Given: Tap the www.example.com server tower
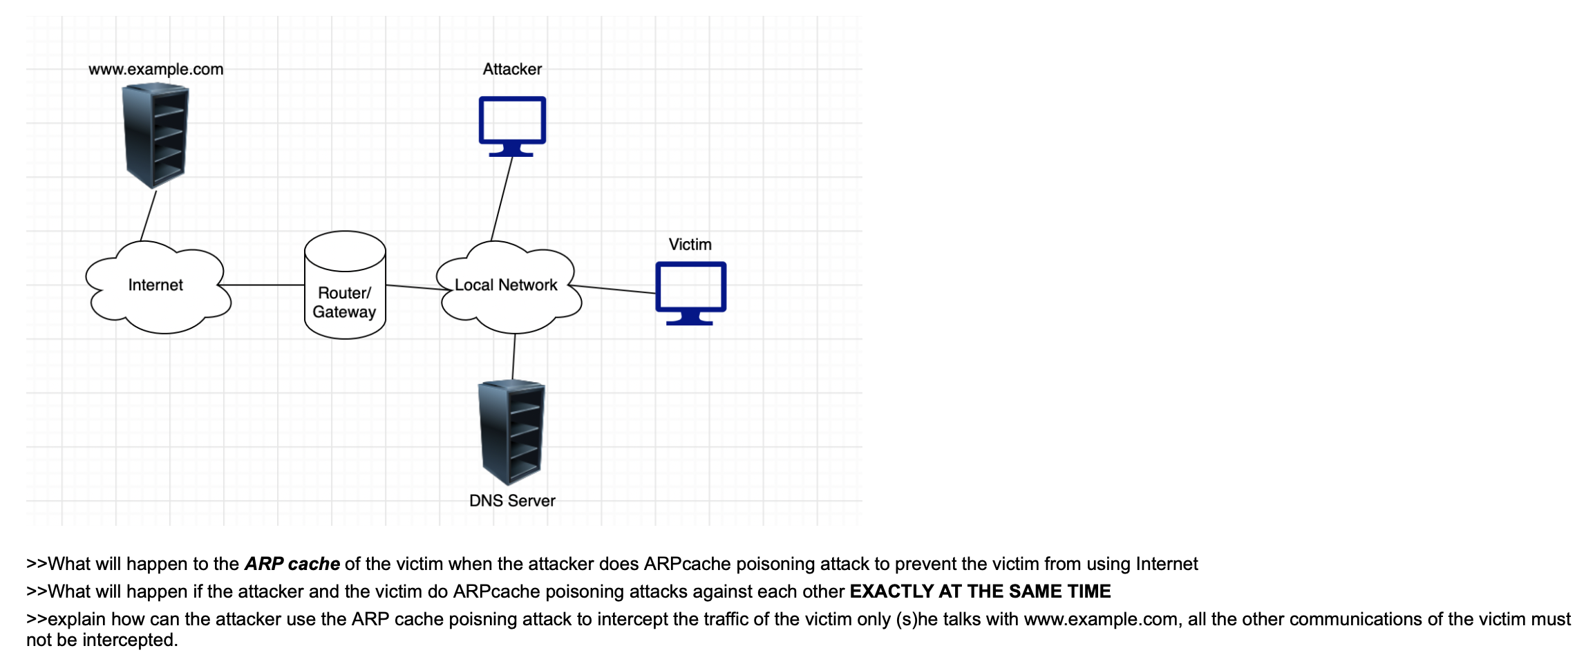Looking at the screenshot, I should coord(155,135).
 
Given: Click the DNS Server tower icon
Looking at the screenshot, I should coord(512,432).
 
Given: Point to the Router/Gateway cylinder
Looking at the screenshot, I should coord(345,285).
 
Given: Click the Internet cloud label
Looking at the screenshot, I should coord(155,285).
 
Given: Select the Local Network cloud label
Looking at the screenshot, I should coord(506,285).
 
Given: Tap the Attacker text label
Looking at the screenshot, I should coord(512,69).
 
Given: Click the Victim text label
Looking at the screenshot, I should coord(690,245).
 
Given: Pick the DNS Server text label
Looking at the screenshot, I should coord(512,501).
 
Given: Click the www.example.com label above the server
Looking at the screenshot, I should coord(155,69).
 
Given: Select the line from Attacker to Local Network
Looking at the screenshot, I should coord(502,198).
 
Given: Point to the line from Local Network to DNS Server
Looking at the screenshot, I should coord(513,357).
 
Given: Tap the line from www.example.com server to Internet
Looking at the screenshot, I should coord(149,216).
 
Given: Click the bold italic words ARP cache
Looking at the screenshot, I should coord(292,564).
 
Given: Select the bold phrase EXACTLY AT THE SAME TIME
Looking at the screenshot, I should coord(980,591).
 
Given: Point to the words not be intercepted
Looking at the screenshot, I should coord(102,640).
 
